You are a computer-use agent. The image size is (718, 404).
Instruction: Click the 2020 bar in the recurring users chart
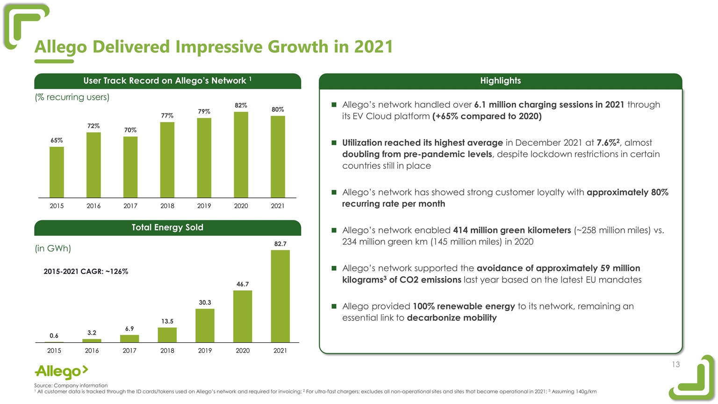[x=241, y=155]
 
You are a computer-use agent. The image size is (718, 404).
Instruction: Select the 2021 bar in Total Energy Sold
[x=280, y=296]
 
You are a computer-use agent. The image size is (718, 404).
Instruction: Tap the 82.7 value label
[x=280, y=244]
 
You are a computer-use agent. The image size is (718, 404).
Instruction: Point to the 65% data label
[x=57, y=140]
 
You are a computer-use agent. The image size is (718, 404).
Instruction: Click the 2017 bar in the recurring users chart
[x=130, y=167]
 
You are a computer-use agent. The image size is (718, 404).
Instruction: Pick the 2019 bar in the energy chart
[x=205, y=325]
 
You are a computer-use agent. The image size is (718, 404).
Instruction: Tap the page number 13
[x=675, y=365]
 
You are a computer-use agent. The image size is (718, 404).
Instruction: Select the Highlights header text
[x=500, y=81]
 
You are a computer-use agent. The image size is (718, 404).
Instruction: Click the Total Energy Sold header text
[x=167, y=228]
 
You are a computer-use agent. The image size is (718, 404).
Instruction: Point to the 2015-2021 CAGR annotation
[x=86, y=271]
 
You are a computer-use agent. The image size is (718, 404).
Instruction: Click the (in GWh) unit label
[x=53, y=248]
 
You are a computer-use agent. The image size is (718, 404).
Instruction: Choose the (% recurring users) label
[x=72, y=97]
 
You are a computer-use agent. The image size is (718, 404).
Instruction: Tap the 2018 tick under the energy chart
[x=167, y=351]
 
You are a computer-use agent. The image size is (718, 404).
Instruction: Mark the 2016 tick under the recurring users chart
[x=93, y=206]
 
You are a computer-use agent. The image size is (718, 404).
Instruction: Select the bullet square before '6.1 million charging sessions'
[x=334, y=105]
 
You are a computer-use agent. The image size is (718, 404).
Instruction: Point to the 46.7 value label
[x=243, y=284]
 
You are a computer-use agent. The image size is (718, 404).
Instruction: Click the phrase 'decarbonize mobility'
[x=452, y=318]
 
